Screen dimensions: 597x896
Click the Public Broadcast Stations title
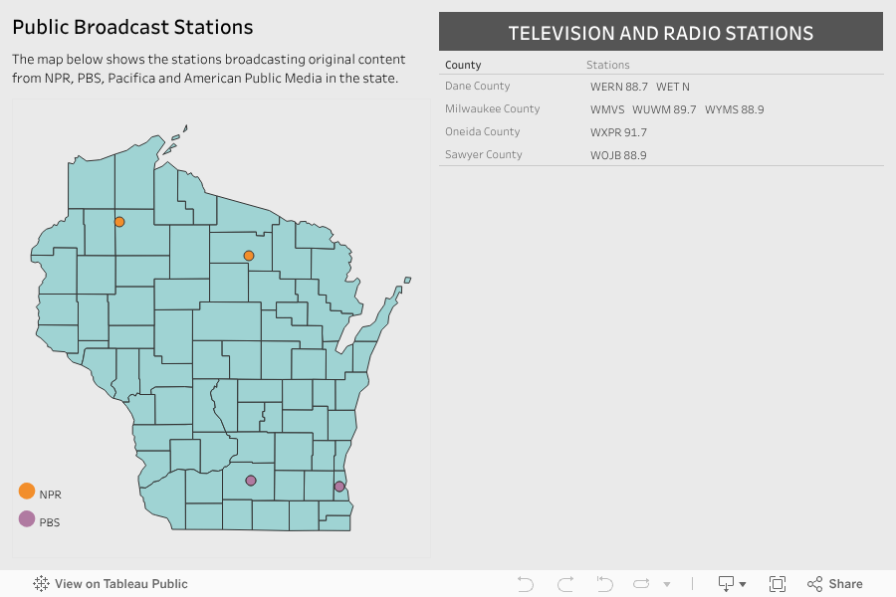132,28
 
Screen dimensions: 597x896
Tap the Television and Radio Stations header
660,33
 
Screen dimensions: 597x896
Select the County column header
463,66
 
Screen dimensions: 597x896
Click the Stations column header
607,66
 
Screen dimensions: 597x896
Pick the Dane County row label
478,87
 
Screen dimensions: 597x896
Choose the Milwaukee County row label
492,109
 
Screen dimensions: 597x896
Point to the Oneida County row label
482,132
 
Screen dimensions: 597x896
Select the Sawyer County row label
483,155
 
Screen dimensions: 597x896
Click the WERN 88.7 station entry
618,88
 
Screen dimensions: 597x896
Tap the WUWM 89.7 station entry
664,109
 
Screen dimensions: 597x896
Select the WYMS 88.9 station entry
735,109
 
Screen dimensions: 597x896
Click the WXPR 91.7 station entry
618,132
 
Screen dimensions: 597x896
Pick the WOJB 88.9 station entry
618,155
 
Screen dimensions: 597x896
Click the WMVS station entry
606,109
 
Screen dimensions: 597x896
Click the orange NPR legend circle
27,492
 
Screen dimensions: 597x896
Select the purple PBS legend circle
27,519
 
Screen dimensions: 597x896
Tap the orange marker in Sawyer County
119,222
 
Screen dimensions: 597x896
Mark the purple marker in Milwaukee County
339,487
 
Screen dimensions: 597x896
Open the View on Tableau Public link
111,584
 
